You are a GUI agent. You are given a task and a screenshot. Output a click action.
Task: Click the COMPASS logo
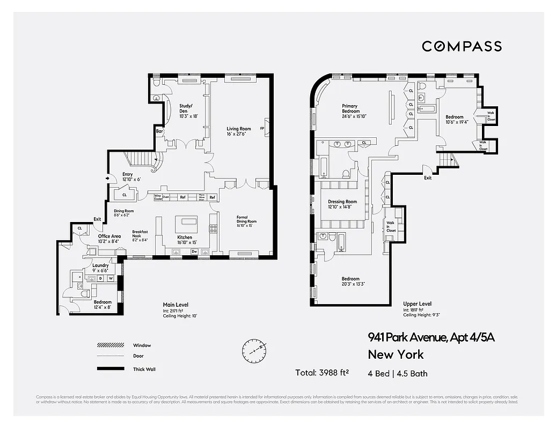click(462, 46)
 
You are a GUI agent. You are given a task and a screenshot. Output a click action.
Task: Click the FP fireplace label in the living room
click(262, 129)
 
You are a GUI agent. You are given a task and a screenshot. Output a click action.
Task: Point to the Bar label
click(159, 131)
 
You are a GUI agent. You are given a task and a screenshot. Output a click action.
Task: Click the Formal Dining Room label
click(247, 219)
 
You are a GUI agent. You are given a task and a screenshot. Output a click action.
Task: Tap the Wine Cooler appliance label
click(158, 197)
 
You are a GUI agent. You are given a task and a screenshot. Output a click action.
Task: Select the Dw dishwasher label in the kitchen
click(195, 251)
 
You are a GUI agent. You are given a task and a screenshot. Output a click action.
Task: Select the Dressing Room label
click(342, 204)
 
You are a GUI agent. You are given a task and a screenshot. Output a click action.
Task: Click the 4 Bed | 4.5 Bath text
click(398, 373)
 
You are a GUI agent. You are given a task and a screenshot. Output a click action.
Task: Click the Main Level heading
click(175, 305)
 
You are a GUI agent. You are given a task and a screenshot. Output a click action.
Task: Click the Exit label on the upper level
click(427, 177)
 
